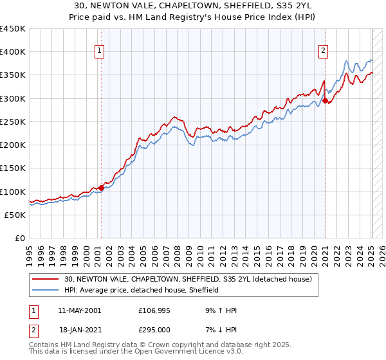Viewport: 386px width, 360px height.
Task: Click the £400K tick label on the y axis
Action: click(13, 52)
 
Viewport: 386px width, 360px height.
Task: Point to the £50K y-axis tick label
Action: click(15, 215)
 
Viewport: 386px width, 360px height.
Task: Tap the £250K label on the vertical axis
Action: click(13, 122)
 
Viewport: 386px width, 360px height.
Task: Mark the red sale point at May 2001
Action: click(101, 188)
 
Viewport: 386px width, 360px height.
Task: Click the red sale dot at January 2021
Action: click(326, 100)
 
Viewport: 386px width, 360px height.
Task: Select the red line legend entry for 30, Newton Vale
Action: click(188, 279)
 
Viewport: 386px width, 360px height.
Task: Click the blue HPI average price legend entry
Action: click(142, 290)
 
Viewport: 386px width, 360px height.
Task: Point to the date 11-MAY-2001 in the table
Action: click(79, 310)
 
